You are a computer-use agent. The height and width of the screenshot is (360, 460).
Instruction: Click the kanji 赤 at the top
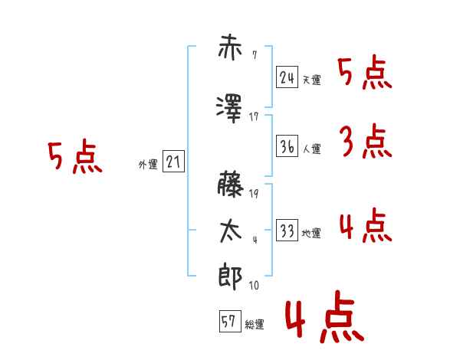coord(230,47)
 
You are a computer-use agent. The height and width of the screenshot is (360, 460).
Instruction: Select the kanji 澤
coord(229,109)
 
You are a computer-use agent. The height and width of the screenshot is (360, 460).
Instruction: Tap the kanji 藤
coord(231,184)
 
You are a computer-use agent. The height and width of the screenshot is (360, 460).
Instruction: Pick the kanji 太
coord(231,231)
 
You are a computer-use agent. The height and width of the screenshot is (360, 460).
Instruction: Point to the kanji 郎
coord(231,277)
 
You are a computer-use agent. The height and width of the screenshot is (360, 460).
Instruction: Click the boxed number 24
coord(287,77)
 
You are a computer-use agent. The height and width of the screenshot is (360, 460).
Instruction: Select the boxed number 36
coord(287,146)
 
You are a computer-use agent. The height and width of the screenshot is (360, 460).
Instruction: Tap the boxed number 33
coord(287,230)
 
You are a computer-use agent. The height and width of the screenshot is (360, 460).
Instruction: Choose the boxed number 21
coord(173,162)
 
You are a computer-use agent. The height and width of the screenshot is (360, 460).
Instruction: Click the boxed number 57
coord(230,321)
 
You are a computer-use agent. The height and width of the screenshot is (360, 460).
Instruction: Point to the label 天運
coord(312,80)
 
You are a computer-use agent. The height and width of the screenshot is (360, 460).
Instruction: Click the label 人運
coord(312,149)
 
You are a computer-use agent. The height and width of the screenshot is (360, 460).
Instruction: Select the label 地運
coord(311,233)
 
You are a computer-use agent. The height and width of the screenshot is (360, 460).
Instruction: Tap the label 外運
coord(148,165)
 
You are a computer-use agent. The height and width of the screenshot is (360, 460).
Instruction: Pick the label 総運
coord(255,324)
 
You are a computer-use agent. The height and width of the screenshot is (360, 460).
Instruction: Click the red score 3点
coord(366,141)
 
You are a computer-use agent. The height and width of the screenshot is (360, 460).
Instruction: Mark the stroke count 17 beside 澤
coord(254,117)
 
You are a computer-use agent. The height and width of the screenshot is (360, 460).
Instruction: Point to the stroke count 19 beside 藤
coord(254,194)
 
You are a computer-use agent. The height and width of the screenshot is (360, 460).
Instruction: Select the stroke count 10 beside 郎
coord(254,285)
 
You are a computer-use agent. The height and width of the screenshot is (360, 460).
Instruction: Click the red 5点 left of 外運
coord(75,156)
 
